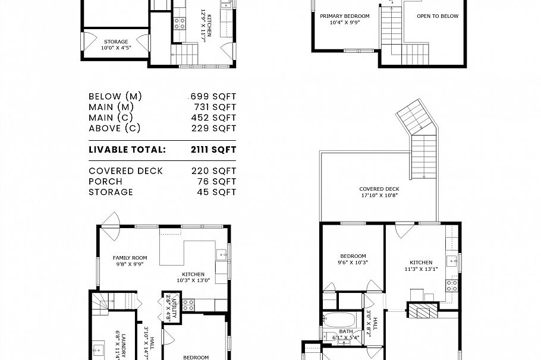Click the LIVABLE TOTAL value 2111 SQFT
213,150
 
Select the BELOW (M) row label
115,96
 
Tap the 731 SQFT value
215,107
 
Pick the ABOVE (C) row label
115,128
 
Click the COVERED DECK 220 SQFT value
214,171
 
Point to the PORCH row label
105,182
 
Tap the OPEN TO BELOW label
437,17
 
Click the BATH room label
346,332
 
